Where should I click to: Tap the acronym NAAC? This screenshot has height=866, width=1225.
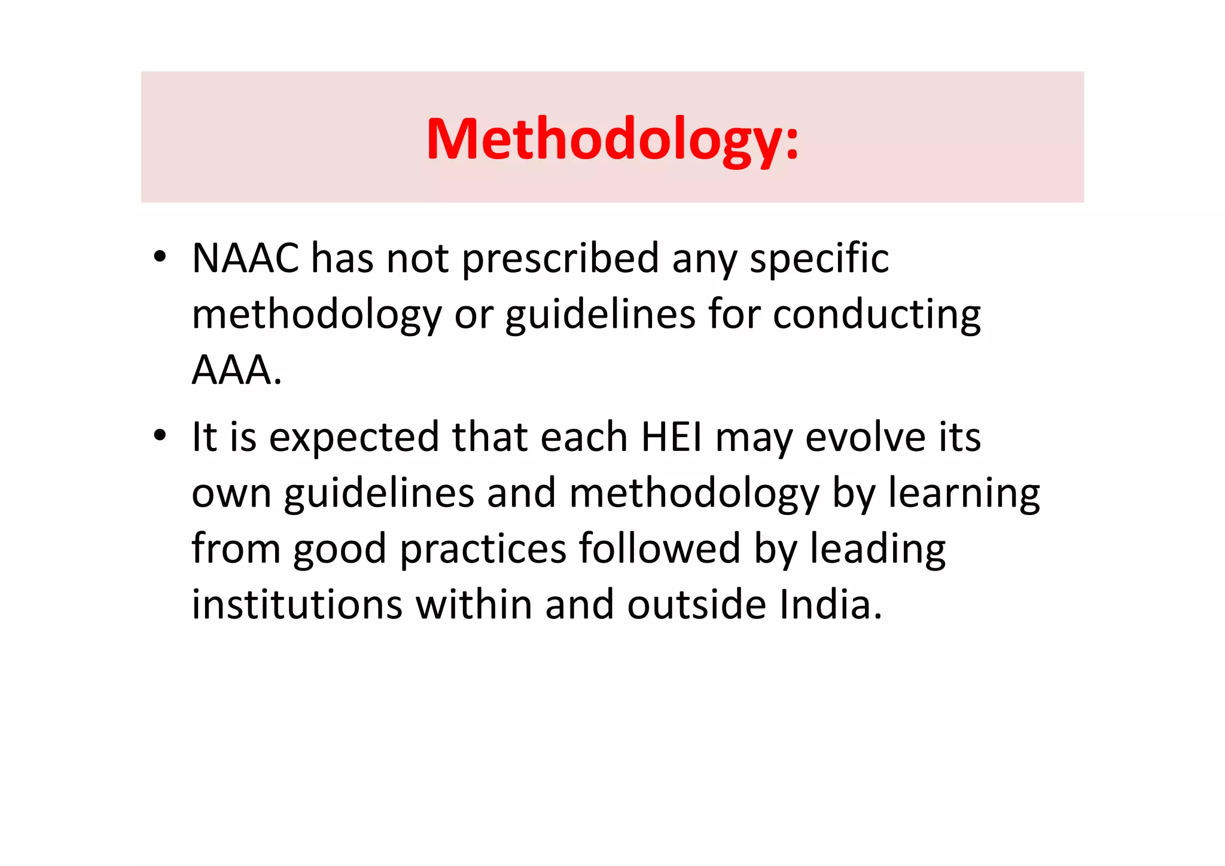[245, 258]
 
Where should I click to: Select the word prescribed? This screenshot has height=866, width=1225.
[560, 258]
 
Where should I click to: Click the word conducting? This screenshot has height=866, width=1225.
[876, 314]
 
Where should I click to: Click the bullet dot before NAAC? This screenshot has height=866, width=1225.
[159, 257]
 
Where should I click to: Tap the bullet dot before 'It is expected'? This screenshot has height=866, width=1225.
[159, 436]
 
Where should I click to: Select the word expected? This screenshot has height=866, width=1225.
[354, 437]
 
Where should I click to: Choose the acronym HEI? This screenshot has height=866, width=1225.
[671, 437]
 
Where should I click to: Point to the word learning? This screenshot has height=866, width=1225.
[964, 493]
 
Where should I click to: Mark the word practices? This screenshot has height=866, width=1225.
[483, 549]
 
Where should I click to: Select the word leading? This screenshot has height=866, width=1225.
[877, 549]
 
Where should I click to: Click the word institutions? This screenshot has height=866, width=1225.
[297, 605]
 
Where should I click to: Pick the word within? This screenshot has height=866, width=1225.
[474, 605]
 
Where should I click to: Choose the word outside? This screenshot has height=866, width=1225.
[696, 605]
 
